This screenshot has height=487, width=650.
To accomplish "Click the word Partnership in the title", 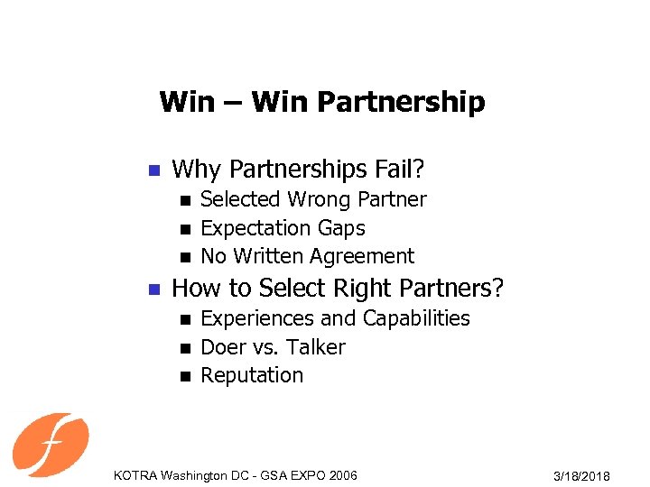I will pyautogui.click(x=402, y=102).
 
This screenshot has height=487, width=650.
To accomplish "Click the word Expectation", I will pyautogui.click(x=255, y=228).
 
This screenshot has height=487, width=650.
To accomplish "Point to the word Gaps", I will pyautogui.click(x=340, y=228).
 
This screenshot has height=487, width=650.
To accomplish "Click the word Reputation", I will pyautogui.click(x=252, y=375).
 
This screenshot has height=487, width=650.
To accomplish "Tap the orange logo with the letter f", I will pyautogui.click(x=51, y=444).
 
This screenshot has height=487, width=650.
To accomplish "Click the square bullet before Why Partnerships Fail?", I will pyautogui.click(x=153, y=170).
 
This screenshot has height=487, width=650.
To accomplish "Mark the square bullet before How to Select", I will pyautogui.click(x=153, y=289).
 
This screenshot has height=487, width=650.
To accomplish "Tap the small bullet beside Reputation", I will pyautogui.click(x=186, y=376).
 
